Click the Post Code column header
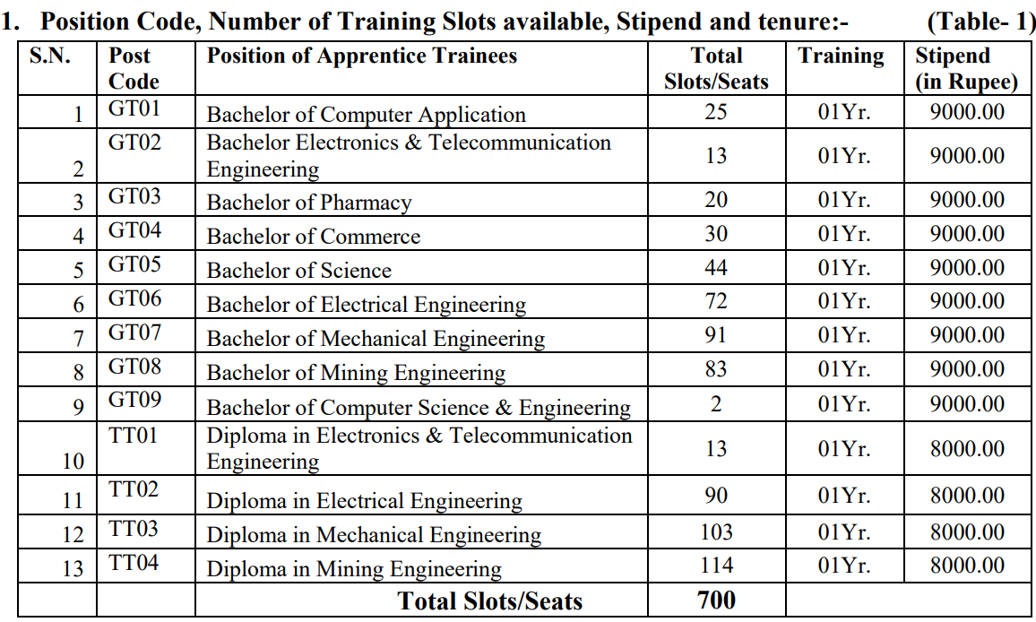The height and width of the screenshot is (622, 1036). click(134, 68)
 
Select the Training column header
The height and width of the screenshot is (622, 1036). click(841, 56)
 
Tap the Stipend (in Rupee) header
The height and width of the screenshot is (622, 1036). click(966, 68)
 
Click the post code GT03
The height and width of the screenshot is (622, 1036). click(135, 196)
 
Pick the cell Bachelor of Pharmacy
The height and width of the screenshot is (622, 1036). click(309, 203)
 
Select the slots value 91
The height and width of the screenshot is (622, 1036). click(716, 335)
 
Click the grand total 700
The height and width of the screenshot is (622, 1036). click(716, 600)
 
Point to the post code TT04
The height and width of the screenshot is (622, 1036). click(134, 564)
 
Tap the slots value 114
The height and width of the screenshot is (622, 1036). click(716, 566)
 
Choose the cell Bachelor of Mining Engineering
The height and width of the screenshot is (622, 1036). click(356, 373)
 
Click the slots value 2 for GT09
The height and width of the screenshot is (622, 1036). click(716, 403)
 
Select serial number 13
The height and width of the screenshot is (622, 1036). click(73, 568)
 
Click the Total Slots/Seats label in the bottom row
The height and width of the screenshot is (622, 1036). click(490, 600)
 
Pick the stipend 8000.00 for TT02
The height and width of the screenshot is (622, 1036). click(967, 496)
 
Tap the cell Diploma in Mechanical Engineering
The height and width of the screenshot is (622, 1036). click(374, 536)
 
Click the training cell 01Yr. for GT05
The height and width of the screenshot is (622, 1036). click(844, 268)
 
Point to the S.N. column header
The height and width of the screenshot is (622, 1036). click(51, 56)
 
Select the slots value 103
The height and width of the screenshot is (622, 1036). click(716, 531)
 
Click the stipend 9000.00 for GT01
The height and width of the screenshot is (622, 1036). click(967, 112)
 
